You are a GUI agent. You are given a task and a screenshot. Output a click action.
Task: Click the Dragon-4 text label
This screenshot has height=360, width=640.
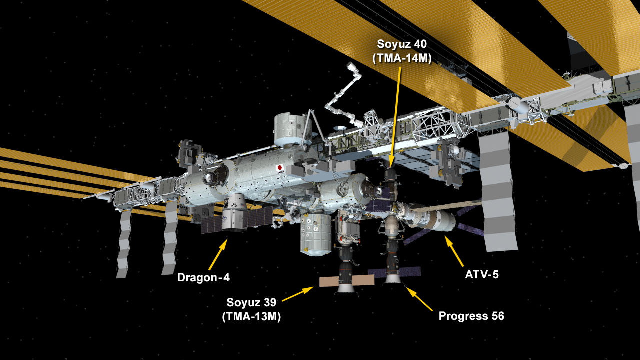click(x=203, y=277)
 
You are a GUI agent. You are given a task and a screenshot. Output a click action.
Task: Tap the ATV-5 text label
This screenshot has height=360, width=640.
click(x=482, y=275)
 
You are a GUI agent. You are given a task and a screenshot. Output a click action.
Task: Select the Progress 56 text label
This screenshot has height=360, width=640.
click(x=471, y=316)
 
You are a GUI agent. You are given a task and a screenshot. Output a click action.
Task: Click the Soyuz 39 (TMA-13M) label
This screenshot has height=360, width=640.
click(x=251, y=309)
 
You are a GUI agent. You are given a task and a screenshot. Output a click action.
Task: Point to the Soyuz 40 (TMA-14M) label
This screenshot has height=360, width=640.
click(x=402, y=51)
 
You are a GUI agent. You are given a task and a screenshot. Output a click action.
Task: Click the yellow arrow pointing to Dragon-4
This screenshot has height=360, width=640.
click(x=218, y=254)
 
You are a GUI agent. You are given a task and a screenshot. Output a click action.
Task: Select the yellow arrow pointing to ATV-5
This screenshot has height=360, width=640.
click(x=454, y=251)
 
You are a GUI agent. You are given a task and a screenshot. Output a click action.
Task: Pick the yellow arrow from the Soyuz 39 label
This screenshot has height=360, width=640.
click(x=297, y=294)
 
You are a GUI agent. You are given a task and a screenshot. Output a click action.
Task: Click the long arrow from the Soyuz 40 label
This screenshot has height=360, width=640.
click(x=395, y=117)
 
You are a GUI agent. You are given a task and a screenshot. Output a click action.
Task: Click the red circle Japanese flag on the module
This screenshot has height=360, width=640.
click(x=280, y=167)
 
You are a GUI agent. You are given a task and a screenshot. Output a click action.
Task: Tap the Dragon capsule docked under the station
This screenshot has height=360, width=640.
click(x=234, y=212)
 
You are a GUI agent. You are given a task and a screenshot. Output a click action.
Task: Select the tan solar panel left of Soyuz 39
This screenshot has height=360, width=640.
click(x=329, y=282)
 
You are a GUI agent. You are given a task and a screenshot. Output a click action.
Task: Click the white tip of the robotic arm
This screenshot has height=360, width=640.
click(x=350, y=66)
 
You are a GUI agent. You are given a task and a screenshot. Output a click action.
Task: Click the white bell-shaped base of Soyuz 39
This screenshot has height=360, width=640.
click(x=346, y=288)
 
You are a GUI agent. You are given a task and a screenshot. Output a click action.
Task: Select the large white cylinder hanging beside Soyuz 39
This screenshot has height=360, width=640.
click(x=316, y=235)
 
